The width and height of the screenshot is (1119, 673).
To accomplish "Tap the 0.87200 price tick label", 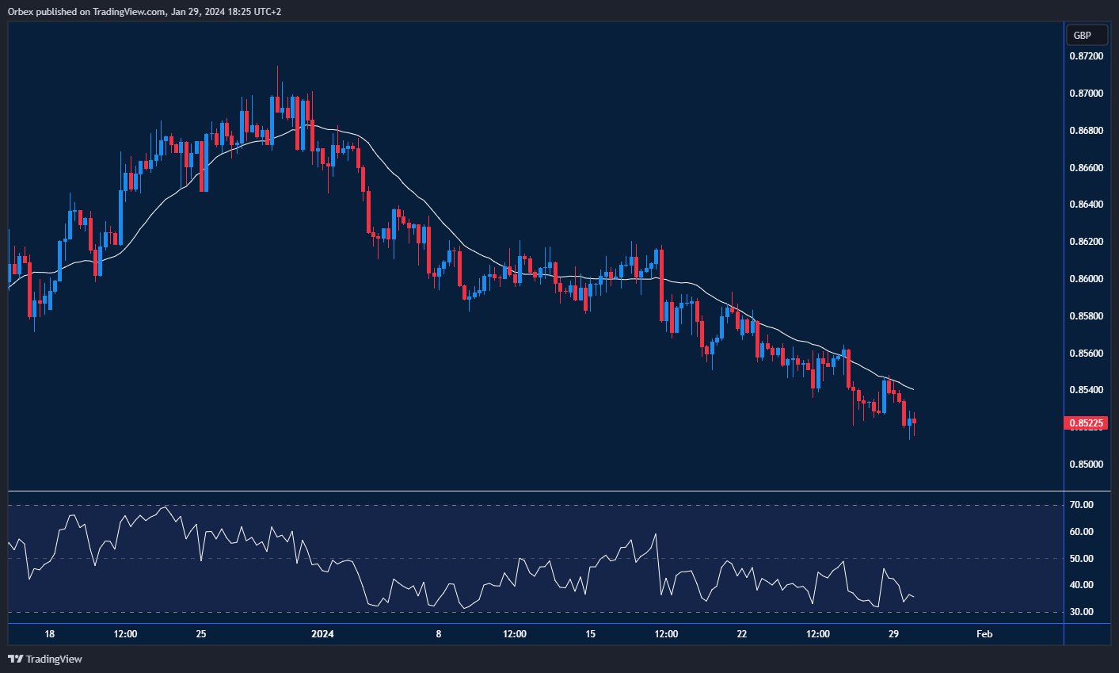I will pyautogui.click(x=1086, y=56).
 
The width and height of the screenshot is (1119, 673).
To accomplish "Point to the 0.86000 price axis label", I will pyautogui.click(x=1086, y=279).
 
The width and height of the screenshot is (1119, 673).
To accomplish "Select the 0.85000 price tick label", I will pyautogui.click(x=1086, y=465).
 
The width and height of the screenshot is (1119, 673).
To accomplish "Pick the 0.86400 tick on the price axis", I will pyautogui.click(x=1086, y=205).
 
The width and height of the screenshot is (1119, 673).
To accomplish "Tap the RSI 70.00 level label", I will pyautogui.click(x=1081, y=505).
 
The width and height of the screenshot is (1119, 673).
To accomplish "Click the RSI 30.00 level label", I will pyautogui.click(x=1081, y=612).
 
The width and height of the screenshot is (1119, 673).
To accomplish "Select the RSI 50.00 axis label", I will pyautogui.click(x=1081, y=559).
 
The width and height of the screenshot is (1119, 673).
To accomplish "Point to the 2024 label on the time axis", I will pyautogui.click(x=322, y=634).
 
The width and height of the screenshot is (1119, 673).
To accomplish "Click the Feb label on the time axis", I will pyautogui.click(x=984, y=634).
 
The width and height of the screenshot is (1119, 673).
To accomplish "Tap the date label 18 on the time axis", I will pyautogui.click(x=49, y=634).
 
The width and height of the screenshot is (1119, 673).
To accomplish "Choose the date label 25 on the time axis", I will pyautogui.click(x=201, y=634).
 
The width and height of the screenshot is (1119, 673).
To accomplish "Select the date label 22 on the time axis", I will pyautogui.click(x=742, y=634).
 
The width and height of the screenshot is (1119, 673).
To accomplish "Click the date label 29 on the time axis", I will pyautogui.click(x=893, y=634).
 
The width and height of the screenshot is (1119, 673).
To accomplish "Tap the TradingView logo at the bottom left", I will pyautogui.click(x=45, y=659).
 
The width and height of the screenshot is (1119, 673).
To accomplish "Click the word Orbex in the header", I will pyautogui.click(x=20, y=11).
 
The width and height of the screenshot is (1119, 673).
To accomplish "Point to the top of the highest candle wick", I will pyautogui.click(x=278, y=67).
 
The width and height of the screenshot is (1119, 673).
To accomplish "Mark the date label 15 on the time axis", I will pyautogui.click(x=590, y=634).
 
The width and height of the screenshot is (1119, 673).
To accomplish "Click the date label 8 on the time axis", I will pyautogui.click(x=438, y=634).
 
